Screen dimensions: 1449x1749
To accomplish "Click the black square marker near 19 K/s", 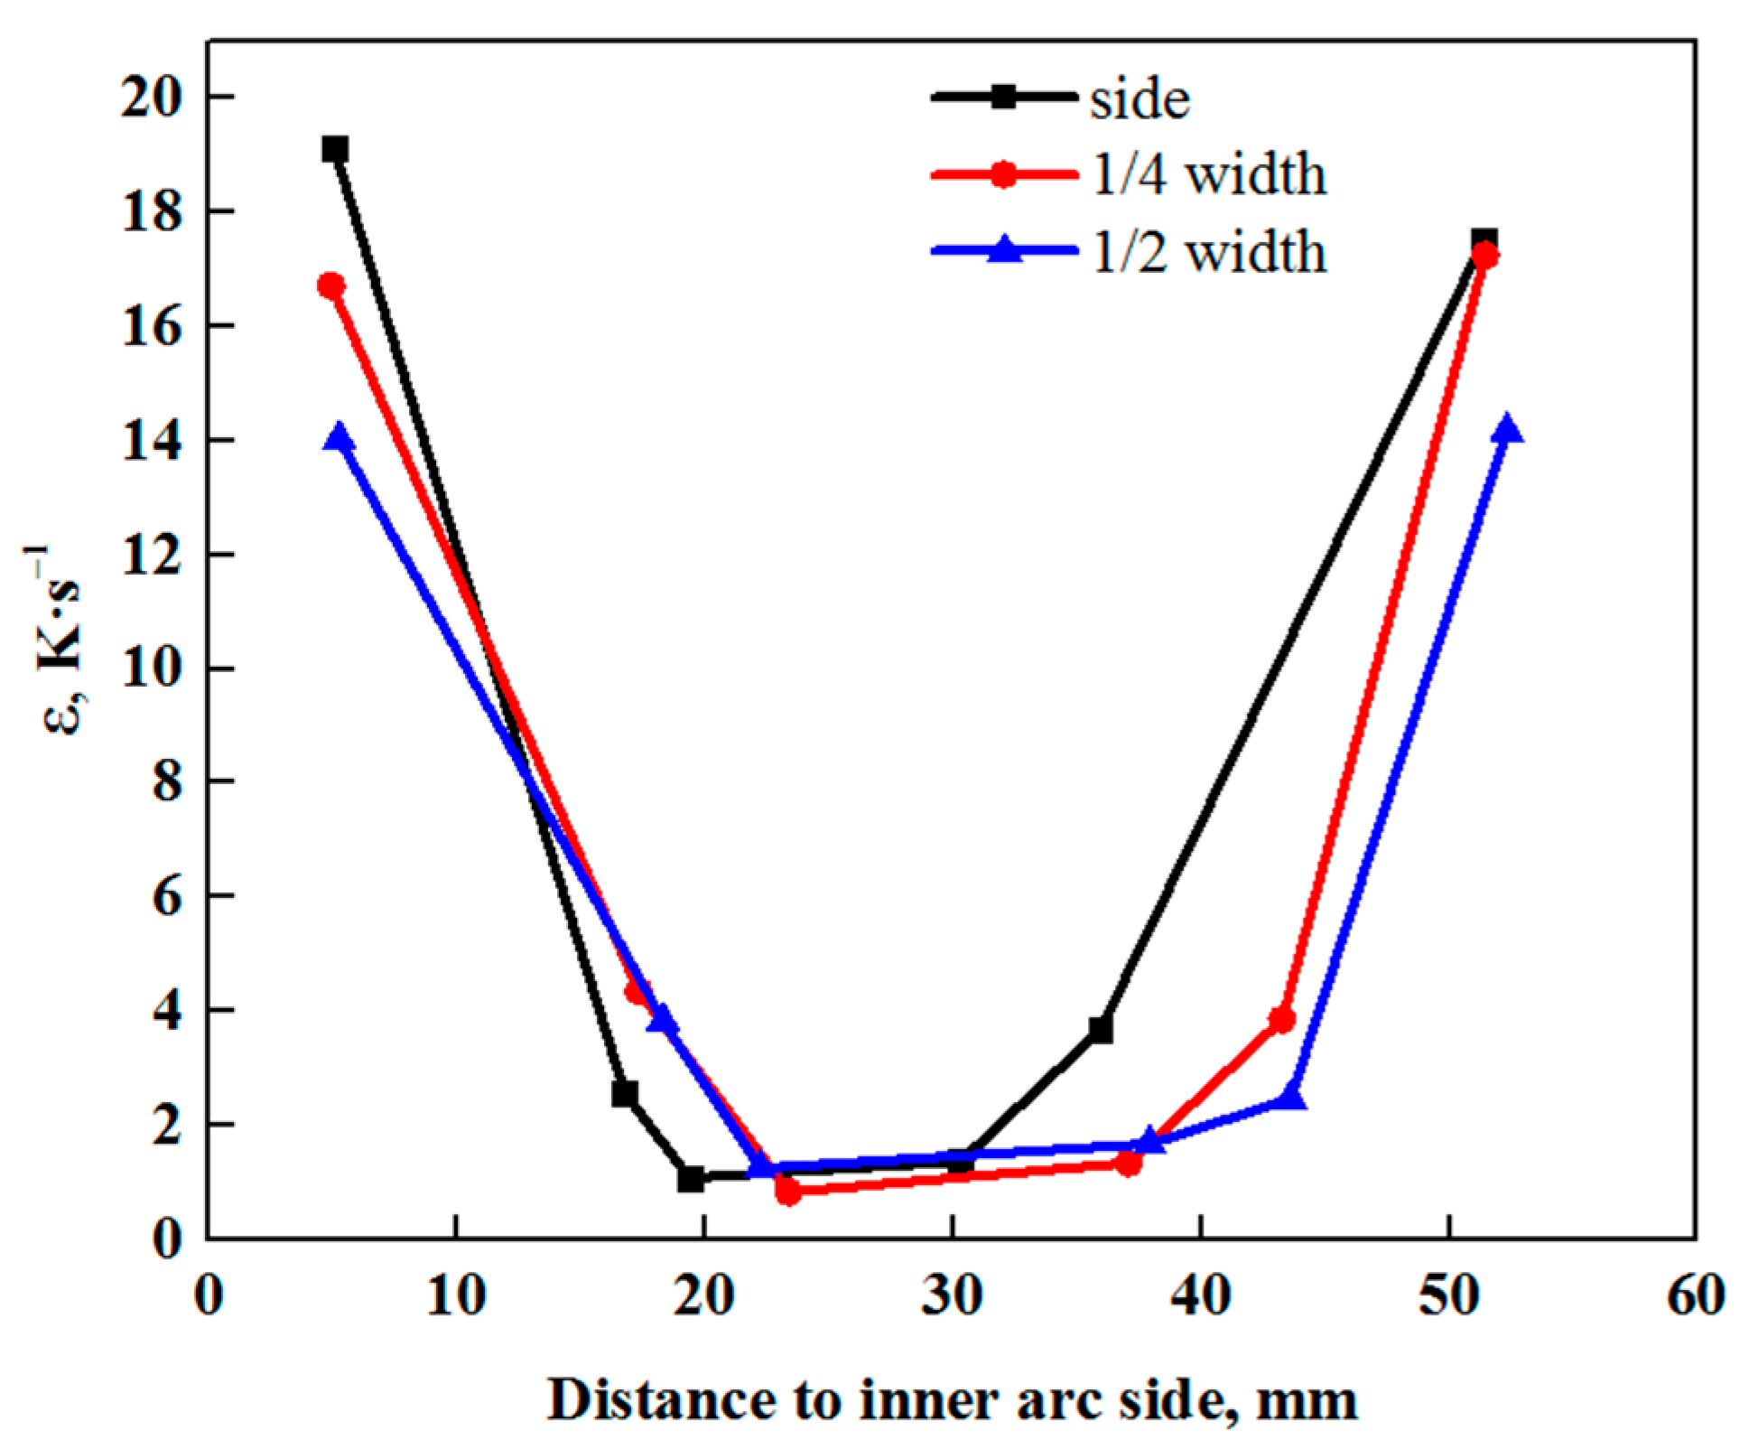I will coord(335,149).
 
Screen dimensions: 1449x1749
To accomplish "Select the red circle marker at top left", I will coord(331,286).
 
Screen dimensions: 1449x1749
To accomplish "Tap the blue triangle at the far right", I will coord(1506,429).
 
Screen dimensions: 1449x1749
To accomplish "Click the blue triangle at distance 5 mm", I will coord(340,438).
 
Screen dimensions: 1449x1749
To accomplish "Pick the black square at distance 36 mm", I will coord(1100,1030).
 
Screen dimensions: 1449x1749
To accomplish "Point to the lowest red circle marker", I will coord(788,1192).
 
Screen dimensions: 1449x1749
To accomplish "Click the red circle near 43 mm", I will coord(1281,1020).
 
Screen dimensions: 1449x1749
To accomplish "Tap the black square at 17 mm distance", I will coord(624,1094).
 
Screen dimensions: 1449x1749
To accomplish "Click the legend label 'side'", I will coord(1140,99).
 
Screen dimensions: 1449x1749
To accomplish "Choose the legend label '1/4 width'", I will coord(1209,174).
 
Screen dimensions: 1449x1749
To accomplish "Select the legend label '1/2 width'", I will coord(1209,252).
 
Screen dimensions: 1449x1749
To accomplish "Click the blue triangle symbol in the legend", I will coord(1004,249).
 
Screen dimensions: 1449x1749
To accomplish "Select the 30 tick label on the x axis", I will coord(953,1295).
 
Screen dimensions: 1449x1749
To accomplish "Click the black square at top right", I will coord(1484,240).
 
